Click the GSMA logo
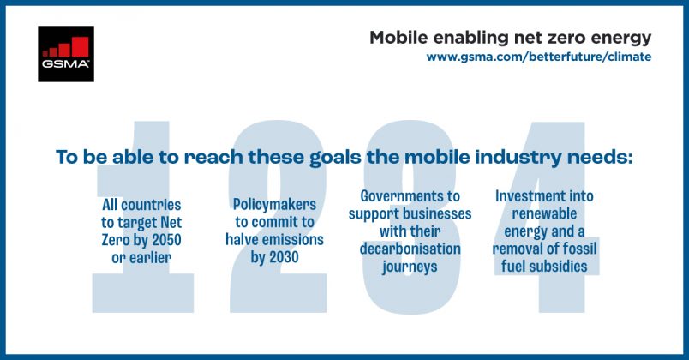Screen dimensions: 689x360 click(66, 54)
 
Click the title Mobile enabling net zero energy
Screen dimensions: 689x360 click(510, 39)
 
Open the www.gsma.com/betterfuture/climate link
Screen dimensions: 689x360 click(539, 57)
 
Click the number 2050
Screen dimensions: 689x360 click(166, 240)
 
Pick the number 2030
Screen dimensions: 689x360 click(284, 257)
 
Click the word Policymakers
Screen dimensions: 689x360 click(274, 205)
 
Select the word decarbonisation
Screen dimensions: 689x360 click(410, 249)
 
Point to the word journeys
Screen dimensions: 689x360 click(410, 267)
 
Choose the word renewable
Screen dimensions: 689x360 click(544, 213)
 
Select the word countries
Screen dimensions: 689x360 click(151, 205)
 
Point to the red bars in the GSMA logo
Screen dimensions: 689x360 click(66, 47)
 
